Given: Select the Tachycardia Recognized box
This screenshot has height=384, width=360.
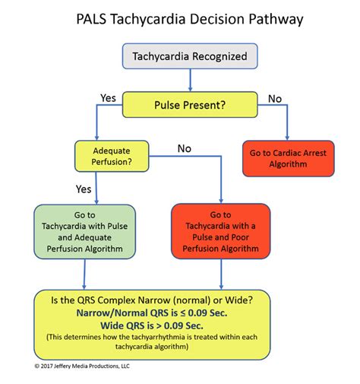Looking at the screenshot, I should coord(189,56).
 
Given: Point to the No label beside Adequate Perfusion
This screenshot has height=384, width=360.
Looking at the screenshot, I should coord(184,148).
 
